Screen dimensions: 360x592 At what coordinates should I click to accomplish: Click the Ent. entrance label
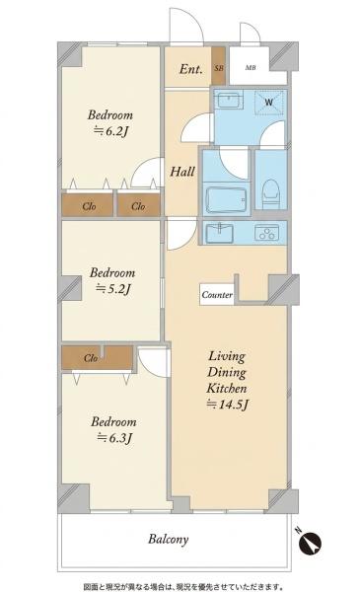coord(191,69)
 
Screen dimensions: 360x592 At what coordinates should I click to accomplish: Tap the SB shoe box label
coord(219,68)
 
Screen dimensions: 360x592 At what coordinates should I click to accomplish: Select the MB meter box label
coord(251,68)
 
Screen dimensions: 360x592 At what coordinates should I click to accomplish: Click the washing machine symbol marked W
coord(268,102)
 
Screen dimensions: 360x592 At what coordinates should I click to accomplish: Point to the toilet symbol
coord(270,193)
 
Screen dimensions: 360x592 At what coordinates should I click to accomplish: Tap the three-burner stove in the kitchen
coord(267,232)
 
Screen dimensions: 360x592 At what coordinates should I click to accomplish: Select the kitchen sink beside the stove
coord(219,233)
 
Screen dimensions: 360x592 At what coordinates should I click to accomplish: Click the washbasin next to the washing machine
coord(228,100)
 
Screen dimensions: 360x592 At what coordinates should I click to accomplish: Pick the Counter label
coord(217,294)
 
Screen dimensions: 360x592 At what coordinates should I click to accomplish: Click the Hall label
coord(182,172)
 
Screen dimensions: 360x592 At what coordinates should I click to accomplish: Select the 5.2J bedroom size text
coord(113,289)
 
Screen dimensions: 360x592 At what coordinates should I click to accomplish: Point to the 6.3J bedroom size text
coord(114,438)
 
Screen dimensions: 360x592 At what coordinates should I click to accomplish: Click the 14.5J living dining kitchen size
coord(228,405)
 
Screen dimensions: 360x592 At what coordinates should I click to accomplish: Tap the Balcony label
coord(169,539)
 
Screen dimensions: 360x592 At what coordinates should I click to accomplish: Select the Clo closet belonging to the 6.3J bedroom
coord(91,358)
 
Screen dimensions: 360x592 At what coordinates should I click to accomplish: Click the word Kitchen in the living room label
coord(227,388)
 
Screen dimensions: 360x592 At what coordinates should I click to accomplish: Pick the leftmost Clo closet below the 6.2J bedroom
coord(89,206)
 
